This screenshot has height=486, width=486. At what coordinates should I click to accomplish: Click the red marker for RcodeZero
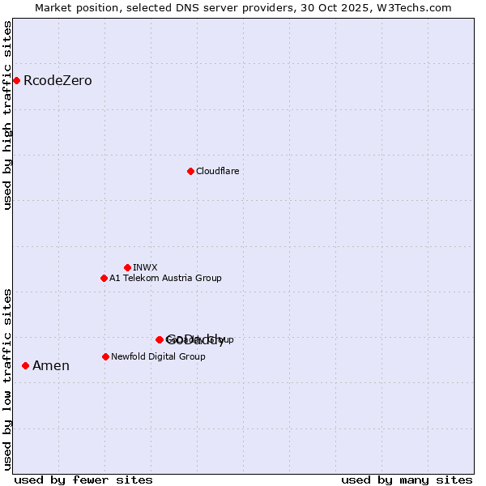click(x=16, y=80)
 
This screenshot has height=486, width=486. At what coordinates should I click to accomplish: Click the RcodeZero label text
click(x=58, y=81)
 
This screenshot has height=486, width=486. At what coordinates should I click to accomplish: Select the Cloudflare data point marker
click(x=190, y=171)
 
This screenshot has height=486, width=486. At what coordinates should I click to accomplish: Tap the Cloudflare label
click(x=217, y=172)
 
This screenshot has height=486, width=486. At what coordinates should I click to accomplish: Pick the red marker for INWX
click(x=127, y=267)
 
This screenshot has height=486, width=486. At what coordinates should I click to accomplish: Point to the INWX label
click(x=145, y=268)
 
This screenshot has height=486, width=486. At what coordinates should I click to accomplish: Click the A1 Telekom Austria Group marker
click(x=104, y=278)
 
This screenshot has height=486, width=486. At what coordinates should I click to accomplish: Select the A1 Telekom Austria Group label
click(x=165, y=279)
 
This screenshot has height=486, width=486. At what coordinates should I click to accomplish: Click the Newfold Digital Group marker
click(x=105, y=356)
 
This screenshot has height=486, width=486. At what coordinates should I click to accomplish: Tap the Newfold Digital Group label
click(x=158, y=357)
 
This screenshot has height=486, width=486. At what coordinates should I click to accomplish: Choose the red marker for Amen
click(x=25, y=366)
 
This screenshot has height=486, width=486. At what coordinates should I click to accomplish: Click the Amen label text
click(x=51, y=366)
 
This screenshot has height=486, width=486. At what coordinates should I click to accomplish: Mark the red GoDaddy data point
click(x=160, y=339)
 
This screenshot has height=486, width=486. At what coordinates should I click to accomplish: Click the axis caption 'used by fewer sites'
click(x=83, y=480)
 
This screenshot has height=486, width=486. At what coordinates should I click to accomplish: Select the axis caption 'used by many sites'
click(x=407, y=480)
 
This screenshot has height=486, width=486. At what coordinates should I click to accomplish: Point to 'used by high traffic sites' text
click(x=8, y=115)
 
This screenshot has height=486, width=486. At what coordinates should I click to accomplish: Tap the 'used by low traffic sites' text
click(x=8, y=378)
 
